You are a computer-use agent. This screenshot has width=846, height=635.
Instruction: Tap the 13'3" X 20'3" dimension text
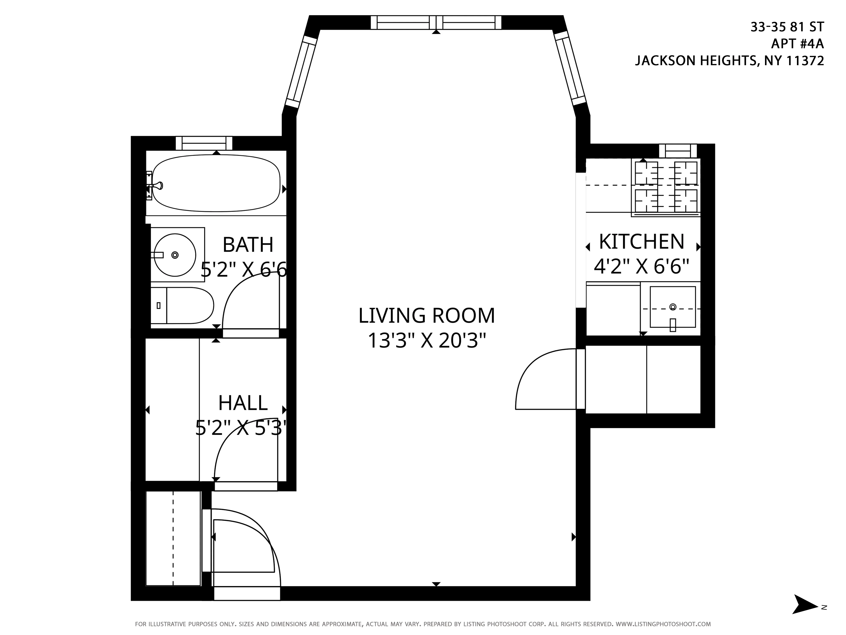coord(426,341)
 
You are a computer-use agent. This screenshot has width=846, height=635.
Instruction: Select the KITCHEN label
coord(641,242)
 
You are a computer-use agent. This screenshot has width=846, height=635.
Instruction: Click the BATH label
coord(248,245)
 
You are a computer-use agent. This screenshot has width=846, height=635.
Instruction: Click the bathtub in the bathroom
coord(216,183)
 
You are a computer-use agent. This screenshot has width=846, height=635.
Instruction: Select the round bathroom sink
coord(175,255)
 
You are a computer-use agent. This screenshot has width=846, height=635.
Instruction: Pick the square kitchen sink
coord(672,307)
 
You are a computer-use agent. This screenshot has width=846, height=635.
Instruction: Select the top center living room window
coord(436,23)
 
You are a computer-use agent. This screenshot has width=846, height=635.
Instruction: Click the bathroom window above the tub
coord(204,143)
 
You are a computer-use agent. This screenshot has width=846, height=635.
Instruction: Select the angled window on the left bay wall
coord(301,72)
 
